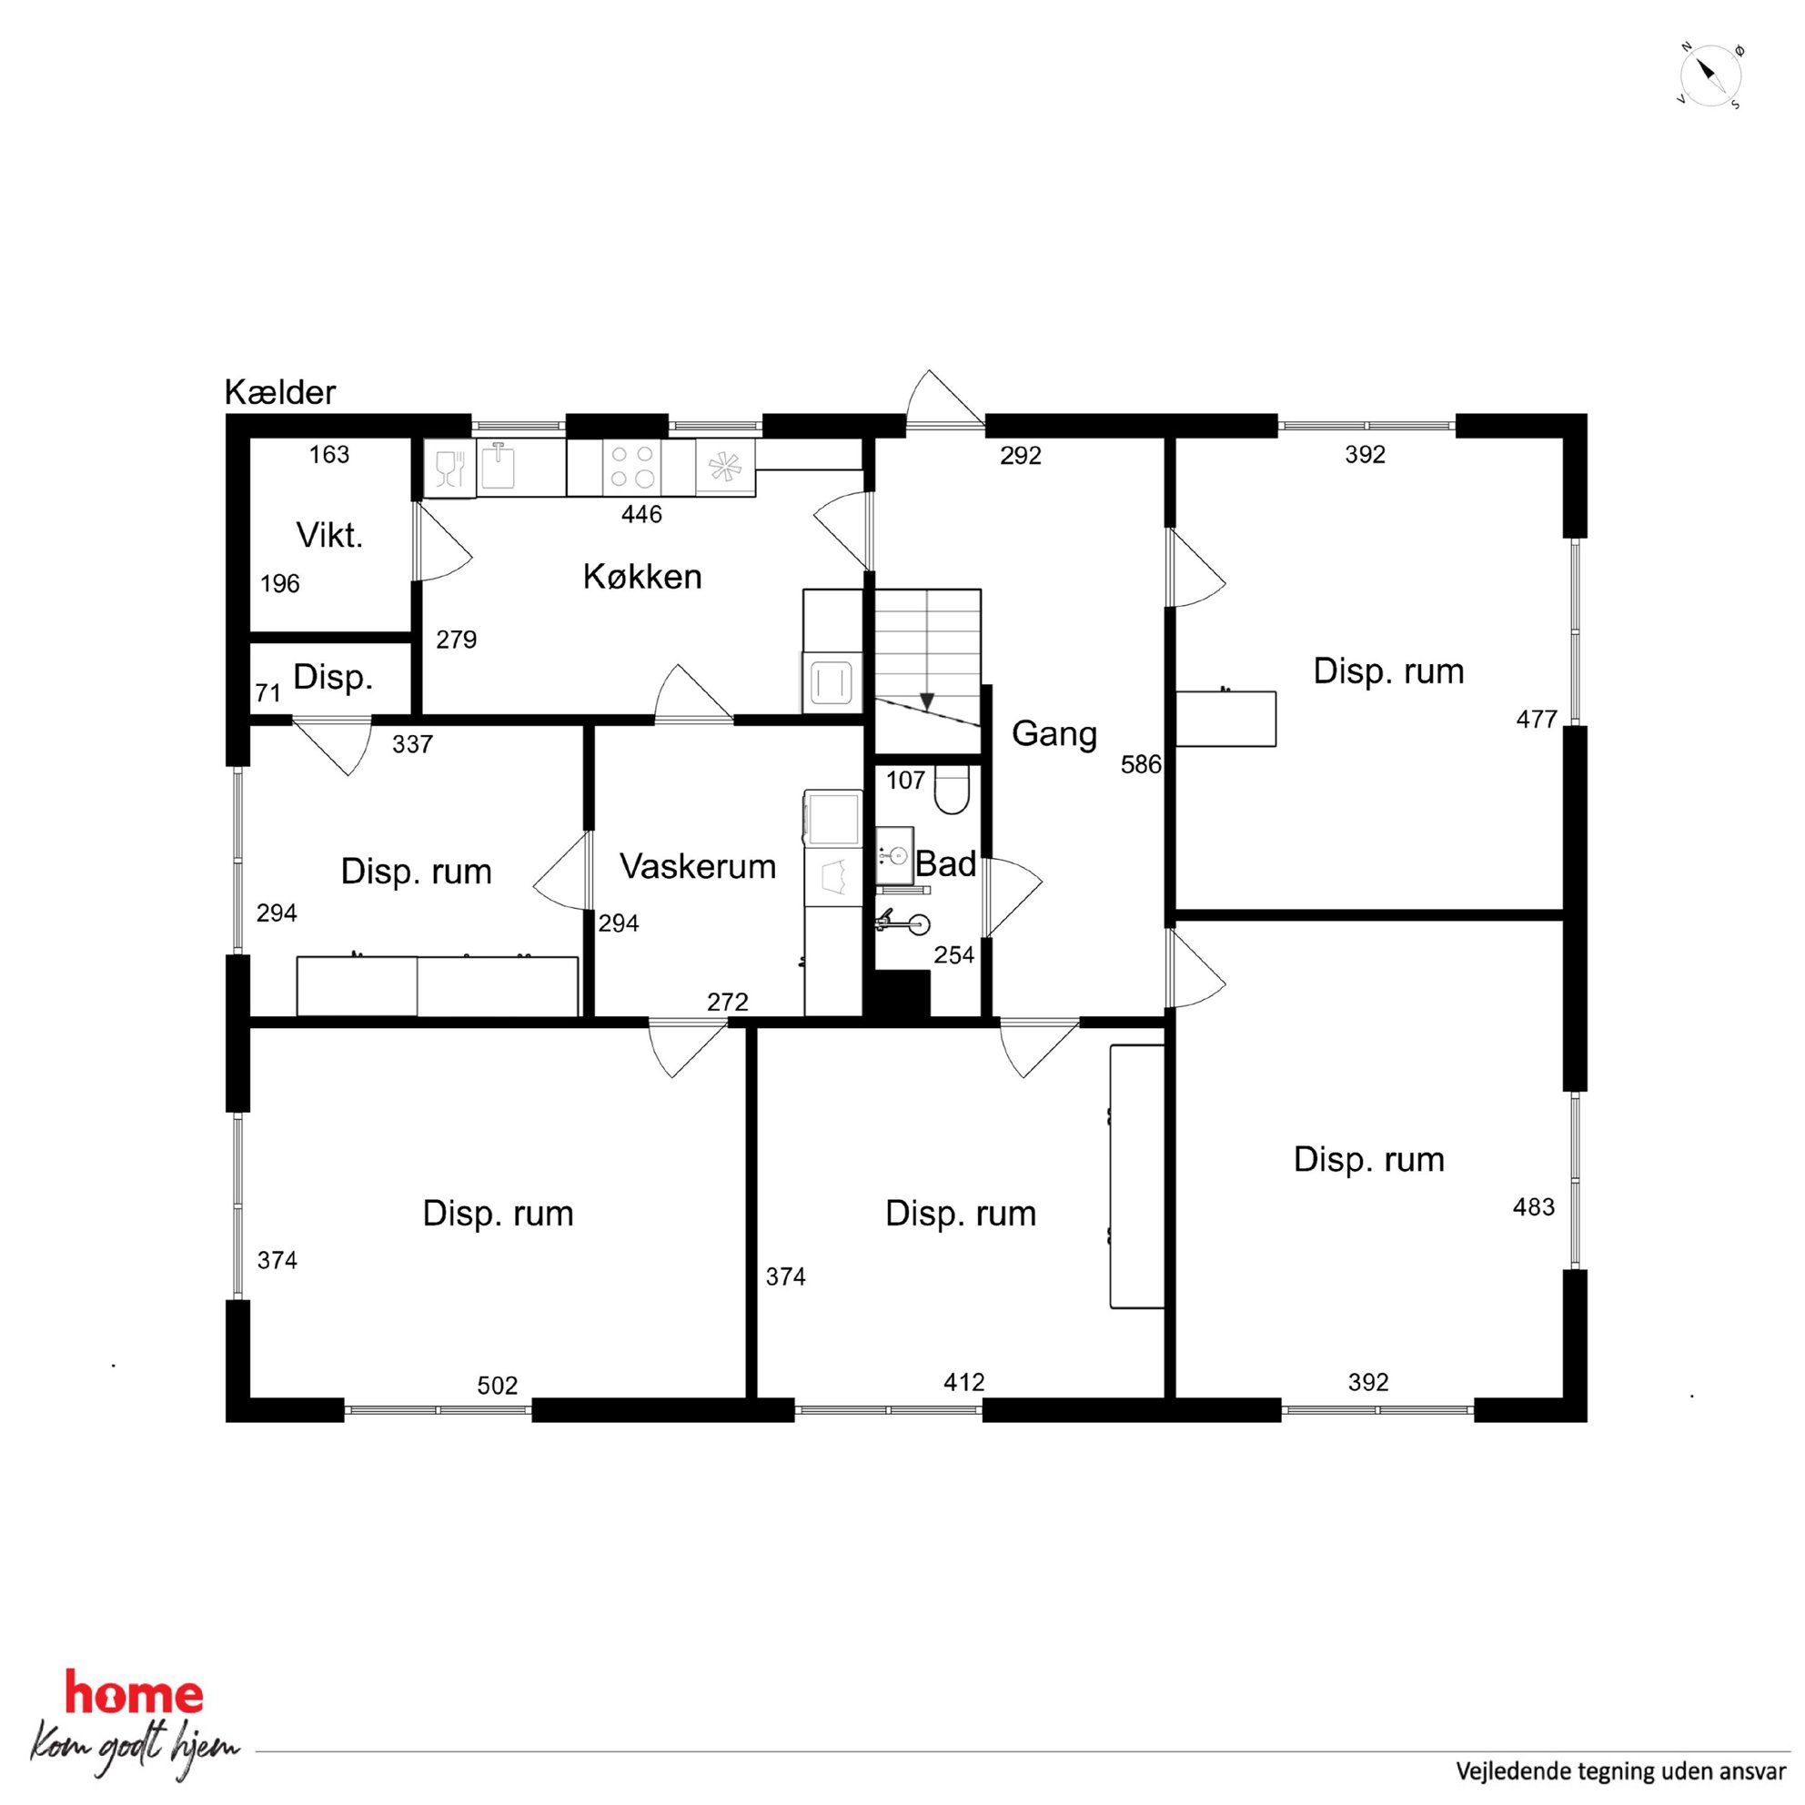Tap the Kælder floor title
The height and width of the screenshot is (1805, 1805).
[279, 392]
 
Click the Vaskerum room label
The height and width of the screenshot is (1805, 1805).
[697, 866]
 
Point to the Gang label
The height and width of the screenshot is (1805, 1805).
[1054, 734]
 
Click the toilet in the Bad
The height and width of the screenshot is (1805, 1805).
[951, 790]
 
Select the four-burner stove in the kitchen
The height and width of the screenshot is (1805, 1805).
[631, 467]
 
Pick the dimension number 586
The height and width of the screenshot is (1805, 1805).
[1141, 764]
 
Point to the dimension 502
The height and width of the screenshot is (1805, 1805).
[497, 1386]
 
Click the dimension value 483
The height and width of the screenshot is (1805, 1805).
[1533, 1207]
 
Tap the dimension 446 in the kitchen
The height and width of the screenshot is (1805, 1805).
[641, 514]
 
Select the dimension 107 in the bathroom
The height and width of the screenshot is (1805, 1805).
[905, 780]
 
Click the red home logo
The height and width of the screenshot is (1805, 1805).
[134, 1691]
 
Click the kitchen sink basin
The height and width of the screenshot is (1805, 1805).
[498, 465]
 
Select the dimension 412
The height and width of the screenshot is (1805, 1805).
[964, 1382]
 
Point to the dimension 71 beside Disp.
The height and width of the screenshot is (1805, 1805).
[268, 693]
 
